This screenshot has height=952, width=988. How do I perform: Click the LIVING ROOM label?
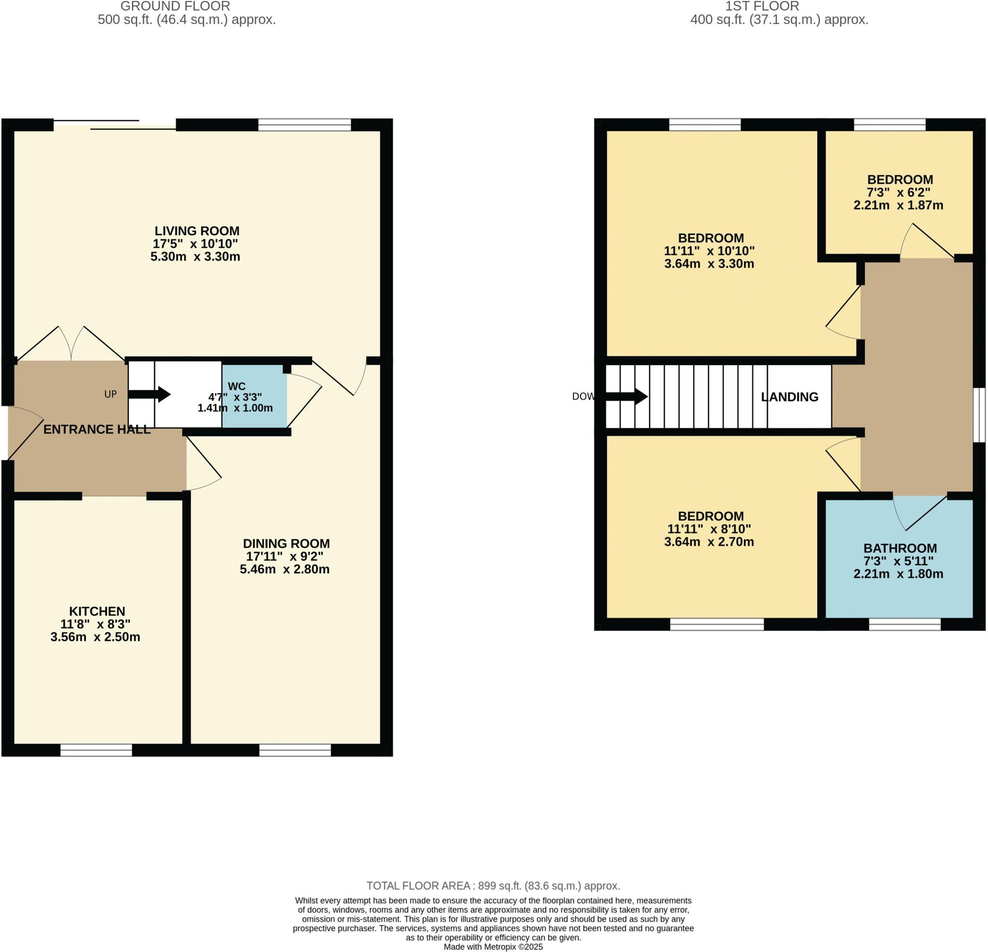(197, 231)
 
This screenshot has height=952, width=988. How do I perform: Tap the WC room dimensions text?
(235, 402)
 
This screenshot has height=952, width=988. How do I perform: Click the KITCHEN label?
(97, 612)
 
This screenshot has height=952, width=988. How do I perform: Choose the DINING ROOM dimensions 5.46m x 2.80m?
(285, 570)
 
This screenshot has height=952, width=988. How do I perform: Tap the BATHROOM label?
(900, 548)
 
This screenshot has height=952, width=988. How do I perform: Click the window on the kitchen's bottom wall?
(96, 750)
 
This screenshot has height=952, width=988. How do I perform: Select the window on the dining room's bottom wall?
(295, 750)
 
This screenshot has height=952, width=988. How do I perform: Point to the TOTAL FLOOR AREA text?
(493, 886)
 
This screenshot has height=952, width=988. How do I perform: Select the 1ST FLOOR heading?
(762, 7)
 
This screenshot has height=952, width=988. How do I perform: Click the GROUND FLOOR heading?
(175, 7)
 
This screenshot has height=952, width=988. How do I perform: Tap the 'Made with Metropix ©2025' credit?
(493, 947)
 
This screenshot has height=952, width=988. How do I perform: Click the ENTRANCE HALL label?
(97, 429)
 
